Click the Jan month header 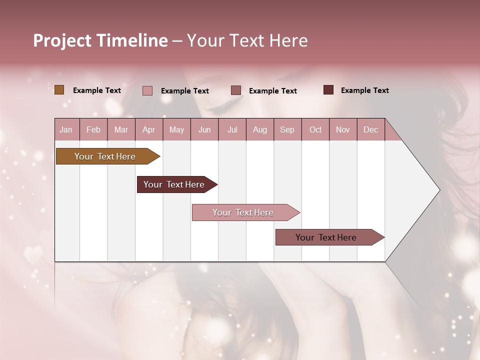66,130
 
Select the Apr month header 148,130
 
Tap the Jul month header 232,130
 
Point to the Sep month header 287,130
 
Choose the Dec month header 370,130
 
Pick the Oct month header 315,130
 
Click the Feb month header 93,130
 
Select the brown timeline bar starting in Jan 105,156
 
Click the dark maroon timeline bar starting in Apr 174,184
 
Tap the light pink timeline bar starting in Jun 243,212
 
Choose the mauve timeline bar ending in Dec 326,237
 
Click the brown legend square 59,90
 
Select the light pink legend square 147,90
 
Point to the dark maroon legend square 328,90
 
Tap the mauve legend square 236,90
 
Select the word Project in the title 61,40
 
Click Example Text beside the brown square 97,90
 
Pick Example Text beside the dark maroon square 365,90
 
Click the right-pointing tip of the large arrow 438,190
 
